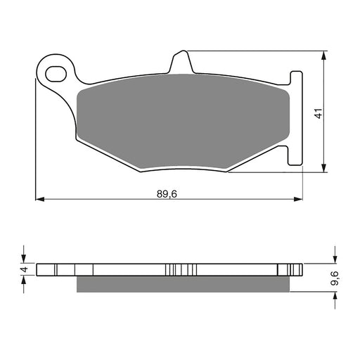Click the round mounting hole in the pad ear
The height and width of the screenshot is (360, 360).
tap(56, 71)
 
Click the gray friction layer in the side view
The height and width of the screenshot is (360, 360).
tap(183, 283)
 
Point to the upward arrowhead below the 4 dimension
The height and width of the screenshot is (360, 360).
tap(24, 281)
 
